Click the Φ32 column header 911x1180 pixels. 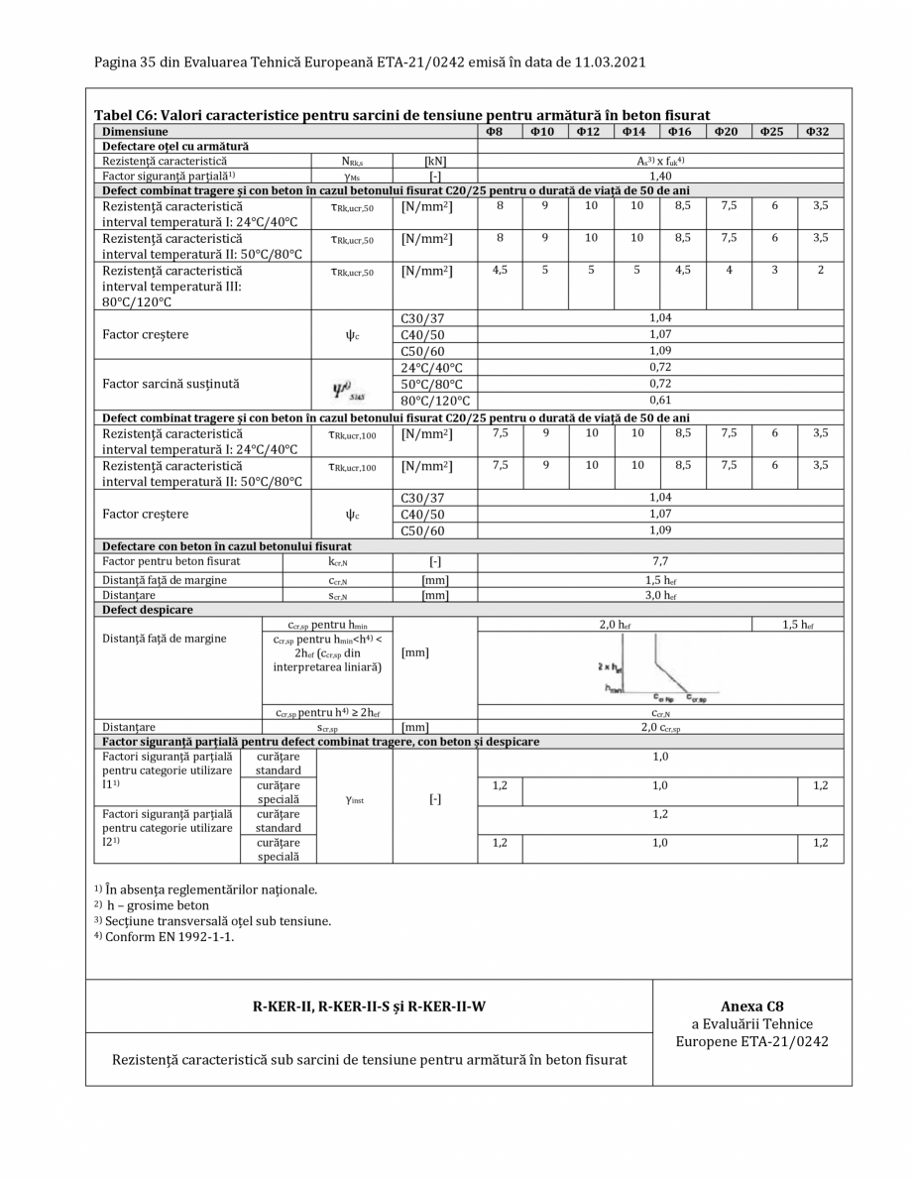click(820, 131)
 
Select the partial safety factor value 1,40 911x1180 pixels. click(660, 176)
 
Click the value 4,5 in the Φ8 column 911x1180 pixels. click(500, 270)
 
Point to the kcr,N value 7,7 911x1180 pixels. click(660, 561)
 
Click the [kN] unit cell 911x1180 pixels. click(434, 161)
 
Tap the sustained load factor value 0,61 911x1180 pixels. click(660, 400)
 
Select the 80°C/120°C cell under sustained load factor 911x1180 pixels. click(434, 401)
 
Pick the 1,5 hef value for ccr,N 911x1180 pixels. click(660, 579)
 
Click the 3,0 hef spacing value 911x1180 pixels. click(660, 595)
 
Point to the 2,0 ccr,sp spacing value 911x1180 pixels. click(660, 727)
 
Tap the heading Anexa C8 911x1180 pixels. click(752, 1005)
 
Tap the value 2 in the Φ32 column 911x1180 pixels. click(820, 270)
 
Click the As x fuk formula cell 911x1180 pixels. click(660, 161)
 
